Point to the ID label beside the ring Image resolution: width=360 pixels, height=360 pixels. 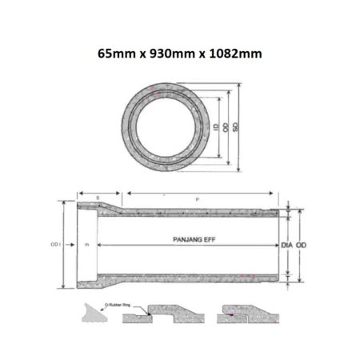coord(218,127)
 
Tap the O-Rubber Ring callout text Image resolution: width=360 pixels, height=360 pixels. coord(116,305)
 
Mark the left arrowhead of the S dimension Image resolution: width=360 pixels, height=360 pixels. coord(78,192)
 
